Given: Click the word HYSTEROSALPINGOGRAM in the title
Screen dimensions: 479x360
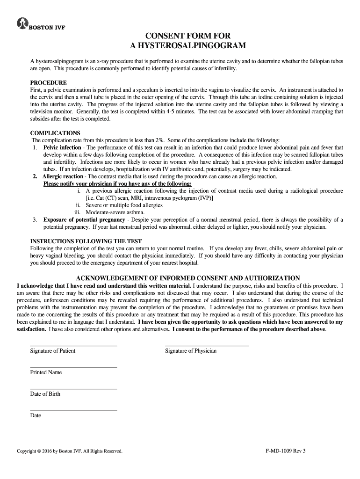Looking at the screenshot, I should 187,45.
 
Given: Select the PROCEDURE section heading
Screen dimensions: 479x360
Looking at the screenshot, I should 49,83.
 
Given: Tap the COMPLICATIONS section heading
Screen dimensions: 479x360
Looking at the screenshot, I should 55,133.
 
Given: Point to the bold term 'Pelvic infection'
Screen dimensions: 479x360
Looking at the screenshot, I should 62,147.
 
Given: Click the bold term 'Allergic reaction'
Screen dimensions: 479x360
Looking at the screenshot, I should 63,176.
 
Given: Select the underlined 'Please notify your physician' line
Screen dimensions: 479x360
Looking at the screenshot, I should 117,184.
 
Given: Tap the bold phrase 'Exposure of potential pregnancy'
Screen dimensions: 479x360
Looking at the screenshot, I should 84,219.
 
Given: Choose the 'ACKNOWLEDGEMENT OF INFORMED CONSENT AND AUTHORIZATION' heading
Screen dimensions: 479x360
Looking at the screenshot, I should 188,278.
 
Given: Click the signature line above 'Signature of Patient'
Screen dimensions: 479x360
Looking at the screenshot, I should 73,346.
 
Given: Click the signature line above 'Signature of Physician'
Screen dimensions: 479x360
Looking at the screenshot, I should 207,346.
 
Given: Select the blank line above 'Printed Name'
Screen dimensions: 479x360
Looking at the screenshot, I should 73,367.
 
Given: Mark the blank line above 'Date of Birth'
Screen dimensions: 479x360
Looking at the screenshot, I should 73,389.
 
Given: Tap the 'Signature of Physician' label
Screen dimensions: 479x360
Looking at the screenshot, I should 191,351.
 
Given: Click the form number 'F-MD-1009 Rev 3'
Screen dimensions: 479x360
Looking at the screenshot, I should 285,451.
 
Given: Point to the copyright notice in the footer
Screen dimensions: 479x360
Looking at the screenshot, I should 70,451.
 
